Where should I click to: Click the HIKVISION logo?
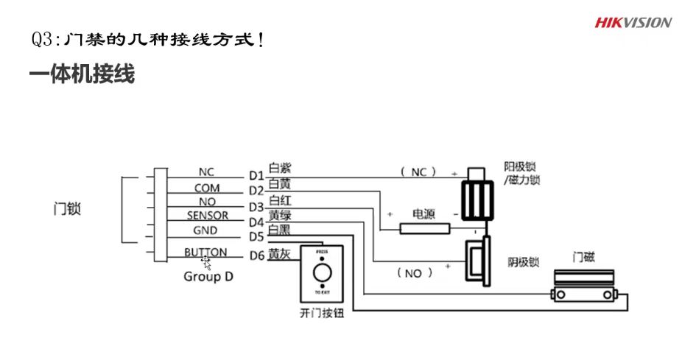pyautogui.click(x=633, y=22)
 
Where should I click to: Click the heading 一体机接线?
pyautogui.click(x=82, y=75)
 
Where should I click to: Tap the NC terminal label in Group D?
pyautogui.click(x=205, y=172)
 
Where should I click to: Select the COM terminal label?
pyautogui.click(x=207, y=188)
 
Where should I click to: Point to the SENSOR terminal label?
pyautogui.click(x=207, y=216)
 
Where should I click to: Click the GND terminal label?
pyautogui.click(x=205, y=230)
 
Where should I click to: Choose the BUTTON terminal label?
pyautogui.click(x=205, y=252)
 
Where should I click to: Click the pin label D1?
pyautogui.click(x=256, y=176)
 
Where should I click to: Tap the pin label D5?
pyautogui.click(x=256, y=237)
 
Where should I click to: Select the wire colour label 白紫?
pyautogui.click(x=280, y=169)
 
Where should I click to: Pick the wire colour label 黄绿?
pyautogui.click(x=280, y=215)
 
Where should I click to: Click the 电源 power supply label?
pyautogui.click(x=423, y=214)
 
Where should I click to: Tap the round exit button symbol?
pyautogui.click(x=321, y=275)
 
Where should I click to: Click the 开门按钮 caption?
pyautogui.click(x=322, y=313)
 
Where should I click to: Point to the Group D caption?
pyautogui.click(x=203, y=277)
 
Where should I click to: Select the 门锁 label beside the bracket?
pyautogui.click(x=67, y=209)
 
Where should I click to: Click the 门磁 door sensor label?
pyautogui.click(x=584, y=258)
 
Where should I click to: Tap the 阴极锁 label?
pyautogui.click(x=524, y=262)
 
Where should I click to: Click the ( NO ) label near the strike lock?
pyautogui.click(x=414, y=273)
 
